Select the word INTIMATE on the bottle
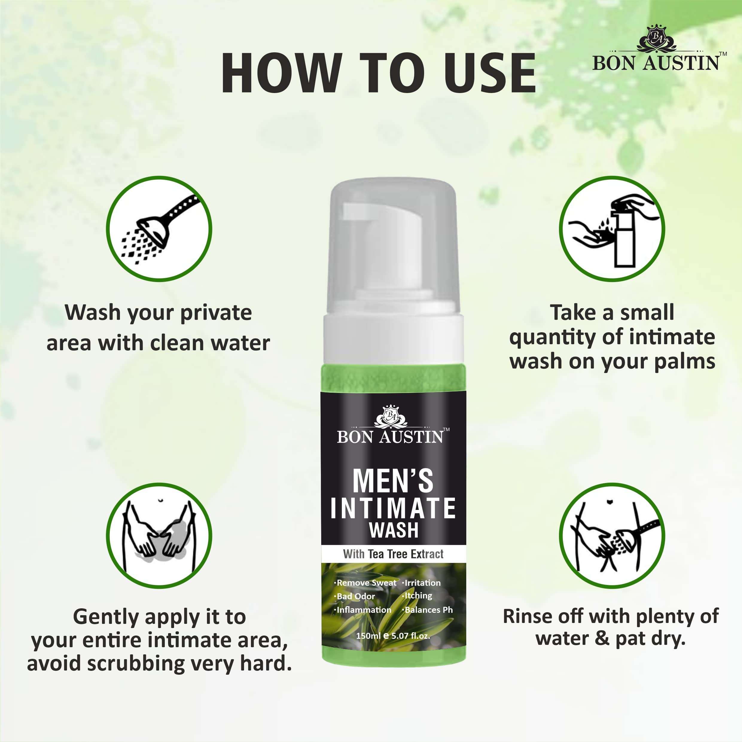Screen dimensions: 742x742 393,508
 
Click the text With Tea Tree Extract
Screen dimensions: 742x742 393,554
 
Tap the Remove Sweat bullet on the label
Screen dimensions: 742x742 366,583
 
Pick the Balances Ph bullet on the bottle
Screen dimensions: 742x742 428,610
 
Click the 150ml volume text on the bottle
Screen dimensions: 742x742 368,636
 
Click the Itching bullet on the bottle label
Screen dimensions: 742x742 418,596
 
